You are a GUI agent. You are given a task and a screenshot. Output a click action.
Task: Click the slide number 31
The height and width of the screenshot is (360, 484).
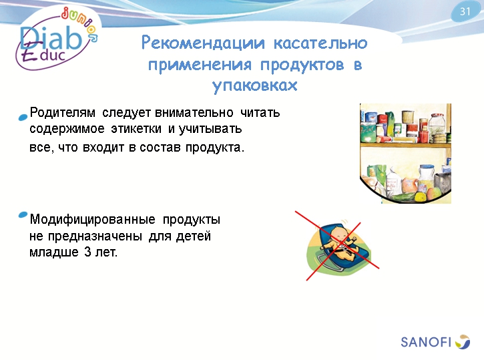click(x=466, y=11)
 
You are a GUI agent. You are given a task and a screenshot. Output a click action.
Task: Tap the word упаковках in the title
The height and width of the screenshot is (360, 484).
click(x=254, y=87)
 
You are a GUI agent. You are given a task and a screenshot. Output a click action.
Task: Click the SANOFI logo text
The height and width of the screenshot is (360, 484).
click(x=426, y=343)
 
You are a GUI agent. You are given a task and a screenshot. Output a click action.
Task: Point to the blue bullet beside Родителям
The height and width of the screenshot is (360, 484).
click(x=23, y=118)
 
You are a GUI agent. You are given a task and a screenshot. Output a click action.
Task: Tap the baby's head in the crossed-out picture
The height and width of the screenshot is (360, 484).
click(x=340, y=235)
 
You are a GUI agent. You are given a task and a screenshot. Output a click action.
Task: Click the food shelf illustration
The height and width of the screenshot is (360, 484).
click(x=405, y=153)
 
